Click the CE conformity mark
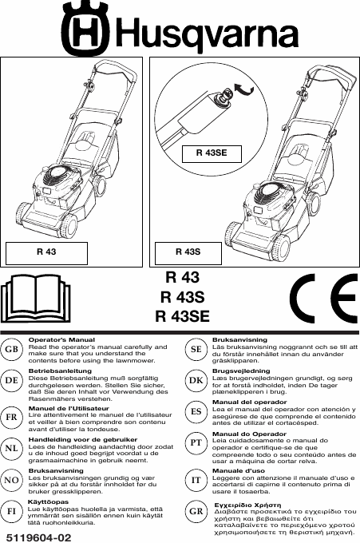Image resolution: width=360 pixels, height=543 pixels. [323, 299]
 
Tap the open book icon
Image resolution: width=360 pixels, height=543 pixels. [35, 299]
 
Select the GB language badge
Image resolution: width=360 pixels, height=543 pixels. [11, 349]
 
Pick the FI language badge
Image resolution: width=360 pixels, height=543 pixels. [11, 511]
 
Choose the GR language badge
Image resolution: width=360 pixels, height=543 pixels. [196, 511]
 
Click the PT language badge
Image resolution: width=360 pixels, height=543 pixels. [196, 442]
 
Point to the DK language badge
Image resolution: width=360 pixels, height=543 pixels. [196, 380]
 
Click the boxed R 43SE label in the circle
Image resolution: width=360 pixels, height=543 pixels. [212, 154]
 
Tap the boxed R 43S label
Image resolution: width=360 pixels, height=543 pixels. [188, 253]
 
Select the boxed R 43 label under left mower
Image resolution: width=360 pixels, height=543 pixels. [46, 253]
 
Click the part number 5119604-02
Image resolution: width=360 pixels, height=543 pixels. [39, 537]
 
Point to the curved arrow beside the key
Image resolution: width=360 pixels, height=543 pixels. [243, 89]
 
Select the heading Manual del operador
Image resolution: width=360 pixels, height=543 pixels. [249, 402]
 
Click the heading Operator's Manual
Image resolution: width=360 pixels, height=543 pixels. [61, 340]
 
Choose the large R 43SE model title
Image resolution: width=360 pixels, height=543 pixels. [183, 316]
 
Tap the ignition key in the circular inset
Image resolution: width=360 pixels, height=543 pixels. [221, 97]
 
